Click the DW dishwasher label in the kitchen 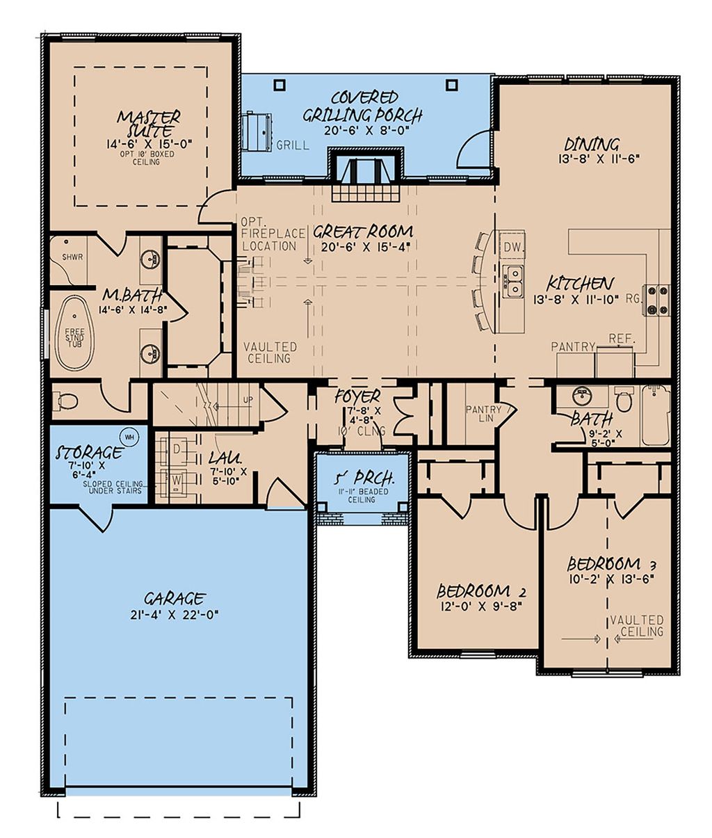click(x=512, y=247)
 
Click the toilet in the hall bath click(x=624, y=401)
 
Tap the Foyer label click(x=357, y=397)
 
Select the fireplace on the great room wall click(x=366, y=171)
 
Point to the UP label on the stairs click(x=248, y=400)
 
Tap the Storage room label click(x=89, y=453)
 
